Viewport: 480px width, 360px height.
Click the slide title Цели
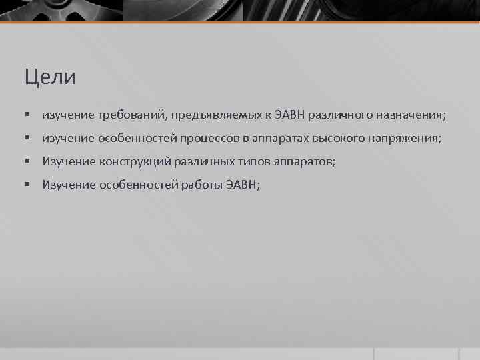click(50, 77)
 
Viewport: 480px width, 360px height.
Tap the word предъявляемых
click(208, 115)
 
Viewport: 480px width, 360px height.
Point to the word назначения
click(406, 115)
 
